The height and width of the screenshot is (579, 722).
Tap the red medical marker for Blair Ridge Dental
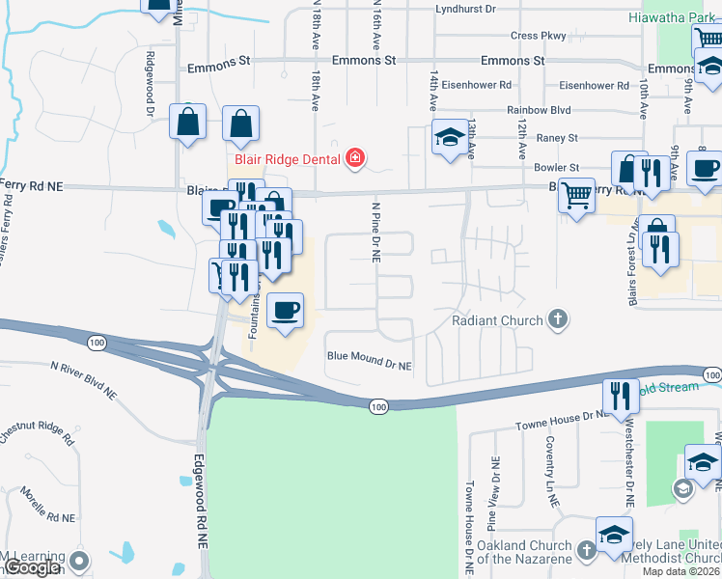[x=355, y=157]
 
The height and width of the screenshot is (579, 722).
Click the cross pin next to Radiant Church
[x=557, y=318]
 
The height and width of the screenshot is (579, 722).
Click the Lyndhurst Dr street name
[x=465, y=9]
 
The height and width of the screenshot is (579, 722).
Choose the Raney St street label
[x=558, y=138]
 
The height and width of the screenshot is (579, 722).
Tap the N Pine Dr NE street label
[x=376, y=232]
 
